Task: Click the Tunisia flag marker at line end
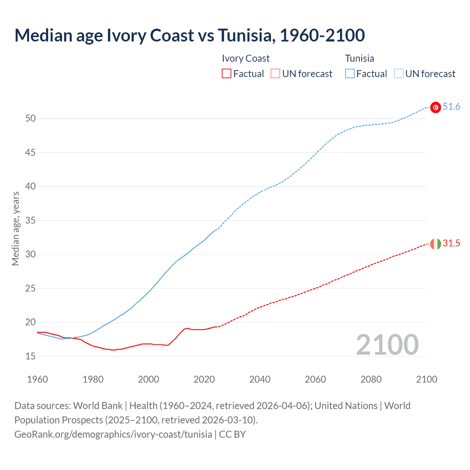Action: [x=435, y=107]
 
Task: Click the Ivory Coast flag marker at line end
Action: [x=435, y=244]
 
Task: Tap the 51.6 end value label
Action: [x=451, y=107]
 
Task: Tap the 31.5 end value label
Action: [x=451, y=243]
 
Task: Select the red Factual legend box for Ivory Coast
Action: [x=227, y=74]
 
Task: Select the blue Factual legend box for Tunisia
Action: [x=350, y=74]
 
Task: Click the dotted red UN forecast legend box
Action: [x=275, y=74]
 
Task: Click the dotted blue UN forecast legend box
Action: [x=399, y=74]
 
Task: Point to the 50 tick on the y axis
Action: [x=30, y=118]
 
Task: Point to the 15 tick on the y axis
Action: [x=30, y=356]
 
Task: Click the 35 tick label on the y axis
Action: [x=30, y=220]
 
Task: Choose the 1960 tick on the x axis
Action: [x=37, y=379]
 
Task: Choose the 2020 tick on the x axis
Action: [x=204, y=379]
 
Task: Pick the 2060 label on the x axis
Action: [x=315, y=379]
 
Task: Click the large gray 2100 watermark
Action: [x=387, y=345]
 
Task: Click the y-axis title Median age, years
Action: [x=15, y=228]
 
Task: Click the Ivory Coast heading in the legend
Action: [x=246, y=58]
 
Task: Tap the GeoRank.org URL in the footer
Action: [x=113, y=434]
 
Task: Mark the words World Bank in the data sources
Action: [x=98, y=406]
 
